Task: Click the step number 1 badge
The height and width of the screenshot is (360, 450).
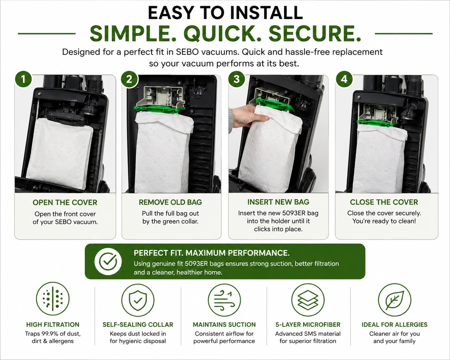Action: click(x=23, y=80)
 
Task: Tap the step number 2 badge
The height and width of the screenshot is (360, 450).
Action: click(x=129, y=80)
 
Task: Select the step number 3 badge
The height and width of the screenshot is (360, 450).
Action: click(x=237, y=80)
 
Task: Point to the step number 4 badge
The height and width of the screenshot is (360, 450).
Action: click(x=344, y=80)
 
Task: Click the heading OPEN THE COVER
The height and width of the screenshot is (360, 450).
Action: click(x=65, y=202)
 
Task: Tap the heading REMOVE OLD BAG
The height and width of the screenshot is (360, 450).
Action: click(x=170, y=202)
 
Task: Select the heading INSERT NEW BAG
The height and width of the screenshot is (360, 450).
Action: click(x=278, y=202)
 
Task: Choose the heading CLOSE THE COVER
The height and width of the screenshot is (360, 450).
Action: click(x=384, y=202)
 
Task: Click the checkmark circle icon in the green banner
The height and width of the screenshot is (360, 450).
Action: click(x=108, y=261)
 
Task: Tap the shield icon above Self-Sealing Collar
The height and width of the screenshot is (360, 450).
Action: click(x=138, y=300)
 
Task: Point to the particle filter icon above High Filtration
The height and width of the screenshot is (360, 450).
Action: click(x=53, y=298)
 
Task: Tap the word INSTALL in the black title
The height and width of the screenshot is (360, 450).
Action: click(x=266, y=13)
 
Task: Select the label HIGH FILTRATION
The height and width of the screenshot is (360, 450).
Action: click(x=53, y=324)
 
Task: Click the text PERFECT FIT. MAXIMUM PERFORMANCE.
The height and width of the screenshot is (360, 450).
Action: click(x=212, y=253)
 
